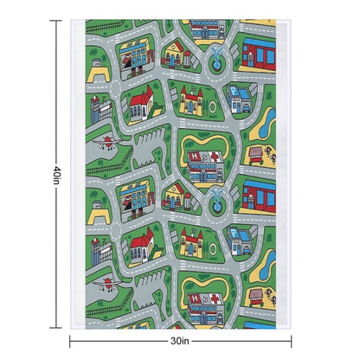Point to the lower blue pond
[268, 264]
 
